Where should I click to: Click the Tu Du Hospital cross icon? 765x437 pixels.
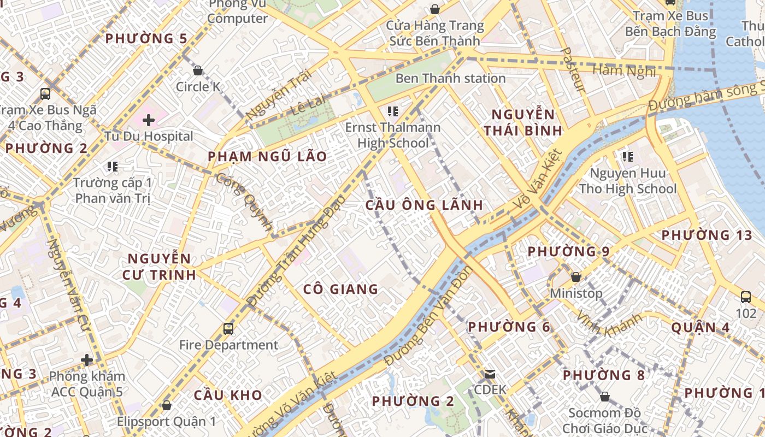pyautogui.click(x=148, y=120)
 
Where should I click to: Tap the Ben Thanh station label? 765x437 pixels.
pyautogui.click(x=450, y=78)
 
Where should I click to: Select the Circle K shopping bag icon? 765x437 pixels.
pyautogui.click(x=198, y=70)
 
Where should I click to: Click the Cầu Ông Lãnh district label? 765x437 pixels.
pyautogui.click(x=424, y=205)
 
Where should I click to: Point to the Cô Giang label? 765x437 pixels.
pyautogui.click(x=341, y=289)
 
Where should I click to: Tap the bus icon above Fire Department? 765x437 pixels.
pyautogui.click(x=228, y=329)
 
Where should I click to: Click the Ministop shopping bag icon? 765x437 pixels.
pyautogui.click(x=575, y=277)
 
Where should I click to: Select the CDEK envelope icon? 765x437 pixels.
pyautogui.click(x=490, y=374)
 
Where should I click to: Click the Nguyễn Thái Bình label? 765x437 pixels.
pyautogui.click(x=523, y=122)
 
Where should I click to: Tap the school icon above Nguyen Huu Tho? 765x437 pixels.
pyautogui.click(x=627, y=157)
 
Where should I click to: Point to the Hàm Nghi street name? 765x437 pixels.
pyautogui.click(x=623, y=70)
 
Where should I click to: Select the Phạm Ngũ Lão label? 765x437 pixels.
pyautogui.click(x=267, y=157)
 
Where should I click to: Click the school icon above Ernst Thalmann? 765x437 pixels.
pyautogui.click(x=392, y=111)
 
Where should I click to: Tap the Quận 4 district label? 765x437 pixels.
pyautogui.click(x=701, y=327)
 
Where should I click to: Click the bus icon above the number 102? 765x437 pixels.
pyautogui.click(x=745, y=297)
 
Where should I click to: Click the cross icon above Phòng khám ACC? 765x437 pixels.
pyautogui.click(x=86, y=360)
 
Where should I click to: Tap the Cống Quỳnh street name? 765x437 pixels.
pyautogui.click(x=244, y=202)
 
